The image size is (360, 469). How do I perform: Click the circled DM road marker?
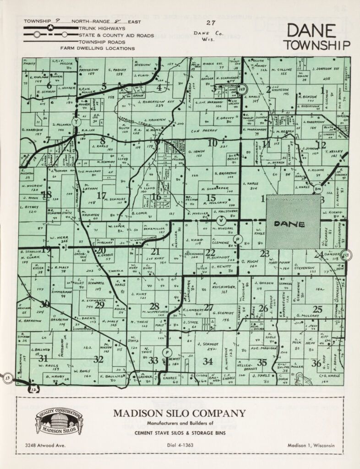pos(318,188)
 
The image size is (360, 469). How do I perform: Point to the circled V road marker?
pos(220,219)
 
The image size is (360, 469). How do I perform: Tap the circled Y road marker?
pos(76,122)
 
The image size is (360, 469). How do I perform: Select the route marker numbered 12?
pos(33,389)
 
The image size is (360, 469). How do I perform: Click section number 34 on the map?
pos(207,361)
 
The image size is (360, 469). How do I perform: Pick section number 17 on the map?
pos(101,195)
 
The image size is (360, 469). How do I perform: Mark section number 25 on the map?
pos(317,309)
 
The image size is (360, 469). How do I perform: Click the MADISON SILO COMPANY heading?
pos(179,413)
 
